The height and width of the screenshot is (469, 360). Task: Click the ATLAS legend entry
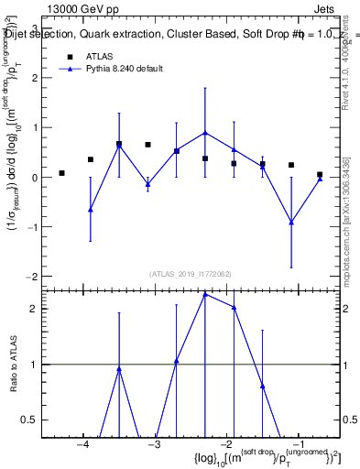[x=99, y=56]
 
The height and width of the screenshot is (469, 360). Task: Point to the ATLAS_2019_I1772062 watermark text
[x=191, y=274]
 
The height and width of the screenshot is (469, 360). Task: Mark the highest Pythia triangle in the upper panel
[x=205, y=132]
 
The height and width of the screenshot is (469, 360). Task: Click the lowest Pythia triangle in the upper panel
[x=291, y=222]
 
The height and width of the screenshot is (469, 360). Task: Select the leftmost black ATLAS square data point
[x=61, y=173]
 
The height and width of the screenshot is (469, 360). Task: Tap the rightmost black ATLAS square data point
[x=320, y=174]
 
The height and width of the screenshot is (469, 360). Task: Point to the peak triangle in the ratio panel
[x=205, y=294]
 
